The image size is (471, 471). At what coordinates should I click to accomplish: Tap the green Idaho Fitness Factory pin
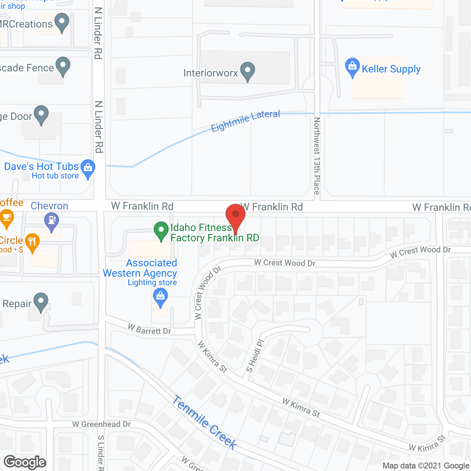click(x=161, y=231)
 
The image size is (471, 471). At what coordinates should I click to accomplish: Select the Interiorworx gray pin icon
click(x=248, y=71)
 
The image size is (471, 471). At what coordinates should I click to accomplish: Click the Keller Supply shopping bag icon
click(x=352, y=67)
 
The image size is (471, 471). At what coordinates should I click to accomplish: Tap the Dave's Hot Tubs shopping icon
click(x=88, y=169)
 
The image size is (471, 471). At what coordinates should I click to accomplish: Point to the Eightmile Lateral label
click(x=245, y=121)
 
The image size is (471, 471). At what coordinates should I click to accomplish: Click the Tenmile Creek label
click(x=205, y=422)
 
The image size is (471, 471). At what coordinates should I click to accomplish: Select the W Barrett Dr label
click(x=149, y=329)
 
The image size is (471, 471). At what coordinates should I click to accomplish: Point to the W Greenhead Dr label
click(x=102, y=424)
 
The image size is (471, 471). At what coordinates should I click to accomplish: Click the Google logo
click(x=25, y=462)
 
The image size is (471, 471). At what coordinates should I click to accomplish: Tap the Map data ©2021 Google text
click(x=426, y=466)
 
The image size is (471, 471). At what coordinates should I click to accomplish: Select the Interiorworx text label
click(x=210, y=73)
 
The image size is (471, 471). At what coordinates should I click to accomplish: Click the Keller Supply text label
click(x=391, y=69)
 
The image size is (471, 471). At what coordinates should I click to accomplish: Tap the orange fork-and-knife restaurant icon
click(x=33, y=242)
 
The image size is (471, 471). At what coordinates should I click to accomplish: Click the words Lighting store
click(x=152, y=283)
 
